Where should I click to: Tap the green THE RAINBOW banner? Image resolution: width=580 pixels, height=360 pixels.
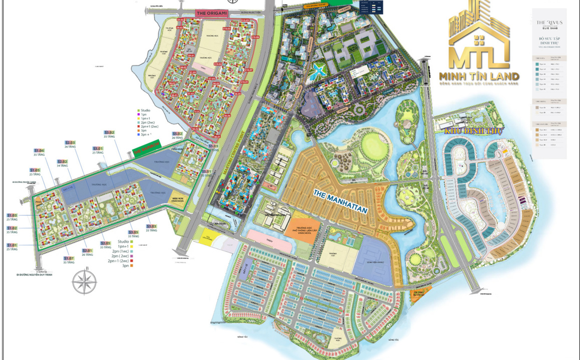(146, 148)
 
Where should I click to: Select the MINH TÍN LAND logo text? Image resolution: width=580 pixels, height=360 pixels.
(479, 77)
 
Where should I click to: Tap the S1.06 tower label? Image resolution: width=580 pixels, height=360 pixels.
(39, 151)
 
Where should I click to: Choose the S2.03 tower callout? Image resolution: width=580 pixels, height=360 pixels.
(70, 142)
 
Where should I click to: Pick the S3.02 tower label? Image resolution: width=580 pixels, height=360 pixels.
(110, 132)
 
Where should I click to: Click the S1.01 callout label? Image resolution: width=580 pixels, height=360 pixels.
(12, 245)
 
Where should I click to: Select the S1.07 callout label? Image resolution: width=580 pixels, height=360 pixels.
(69, 258)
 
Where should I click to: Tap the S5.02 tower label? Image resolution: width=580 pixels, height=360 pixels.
(177, 134)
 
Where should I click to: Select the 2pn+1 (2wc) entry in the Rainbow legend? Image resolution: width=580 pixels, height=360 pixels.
(118, 261)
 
